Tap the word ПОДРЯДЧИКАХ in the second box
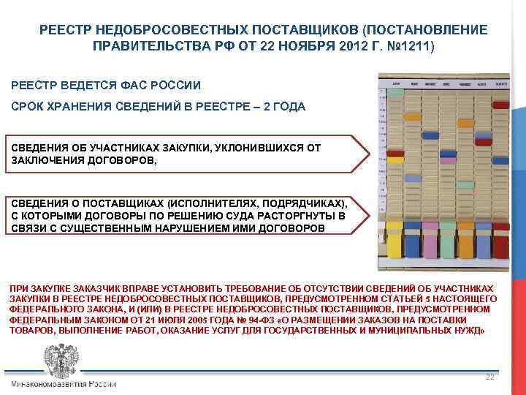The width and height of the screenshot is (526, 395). tap(308, 202)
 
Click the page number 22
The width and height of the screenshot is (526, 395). tap(490, 376)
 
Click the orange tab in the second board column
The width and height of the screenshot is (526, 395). tap(413, 116)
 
